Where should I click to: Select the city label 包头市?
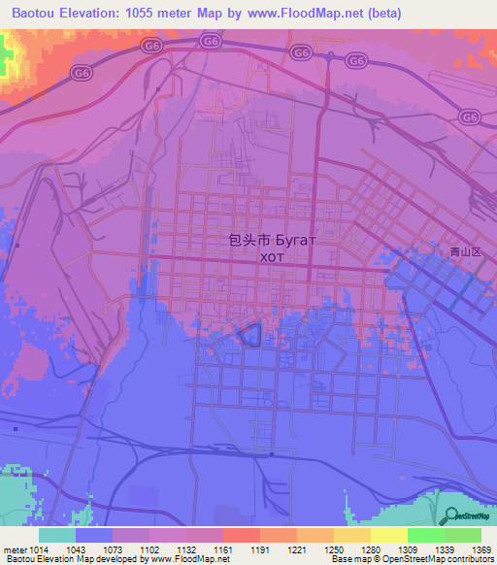(x=248, y=239)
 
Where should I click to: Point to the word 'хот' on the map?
(x=273, y=257)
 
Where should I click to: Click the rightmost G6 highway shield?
(x=470, y=116)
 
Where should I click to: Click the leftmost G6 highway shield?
(x=150, y=45)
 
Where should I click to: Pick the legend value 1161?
(x=224, y=550)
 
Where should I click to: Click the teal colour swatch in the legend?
(x=57, y=535)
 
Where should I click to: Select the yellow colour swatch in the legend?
(x=389, y=535)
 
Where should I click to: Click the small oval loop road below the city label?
(x=249, y=335)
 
